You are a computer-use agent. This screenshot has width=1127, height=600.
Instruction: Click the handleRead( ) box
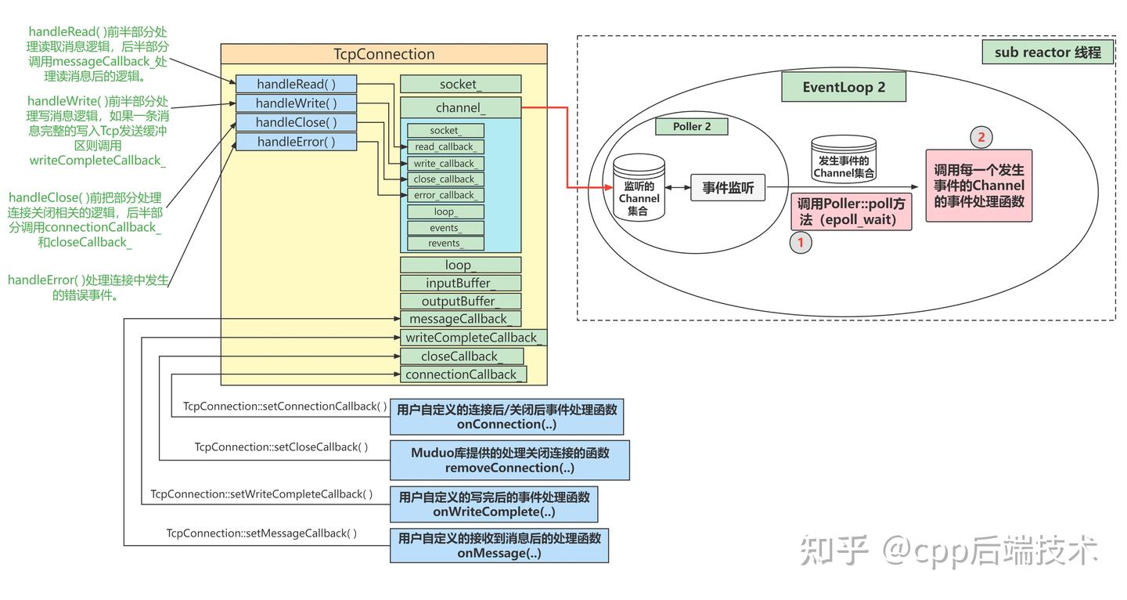296,84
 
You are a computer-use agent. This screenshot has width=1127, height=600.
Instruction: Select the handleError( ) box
296,142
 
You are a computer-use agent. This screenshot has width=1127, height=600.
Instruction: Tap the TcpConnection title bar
383,54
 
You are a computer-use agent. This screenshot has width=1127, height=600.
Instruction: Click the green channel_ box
460,108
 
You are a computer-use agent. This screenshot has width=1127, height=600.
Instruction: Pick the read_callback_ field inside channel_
445,146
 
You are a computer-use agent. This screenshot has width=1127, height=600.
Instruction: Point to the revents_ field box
445,243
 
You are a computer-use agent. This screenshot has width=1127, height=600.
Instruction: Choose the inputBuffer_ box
460,283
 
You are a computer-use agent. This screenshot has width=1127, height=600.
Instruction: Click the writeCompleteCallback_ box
472,338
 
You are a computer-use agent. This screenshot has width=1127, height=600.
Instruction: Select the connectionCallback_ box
462,374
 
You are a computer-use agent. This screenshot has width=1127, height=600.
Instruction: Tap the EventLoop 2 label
843,87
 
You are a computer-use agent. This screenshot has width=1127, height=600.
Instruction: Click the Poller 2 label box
692,126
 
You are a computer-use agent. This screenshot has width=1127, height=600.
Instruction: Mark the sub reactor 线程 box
1047,52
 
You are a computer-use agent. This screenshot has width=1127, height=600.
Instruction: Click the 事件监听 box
727,188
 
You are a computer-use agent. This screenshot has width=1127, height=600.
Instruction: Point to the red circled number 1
800,243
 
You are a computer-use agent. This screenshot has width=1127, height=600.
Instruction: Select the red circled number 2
980,138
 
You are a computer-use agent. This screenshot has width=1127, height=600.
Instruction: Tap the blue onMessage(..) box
499,546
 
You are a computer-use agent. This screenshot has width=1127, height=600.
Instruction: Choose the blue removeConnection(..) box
509,461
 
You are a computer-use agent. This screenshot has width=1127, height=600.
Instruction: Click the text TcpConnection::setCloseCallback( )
281,447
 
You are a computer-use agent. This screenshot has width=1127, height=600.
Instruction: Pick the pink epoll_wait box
851,211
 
